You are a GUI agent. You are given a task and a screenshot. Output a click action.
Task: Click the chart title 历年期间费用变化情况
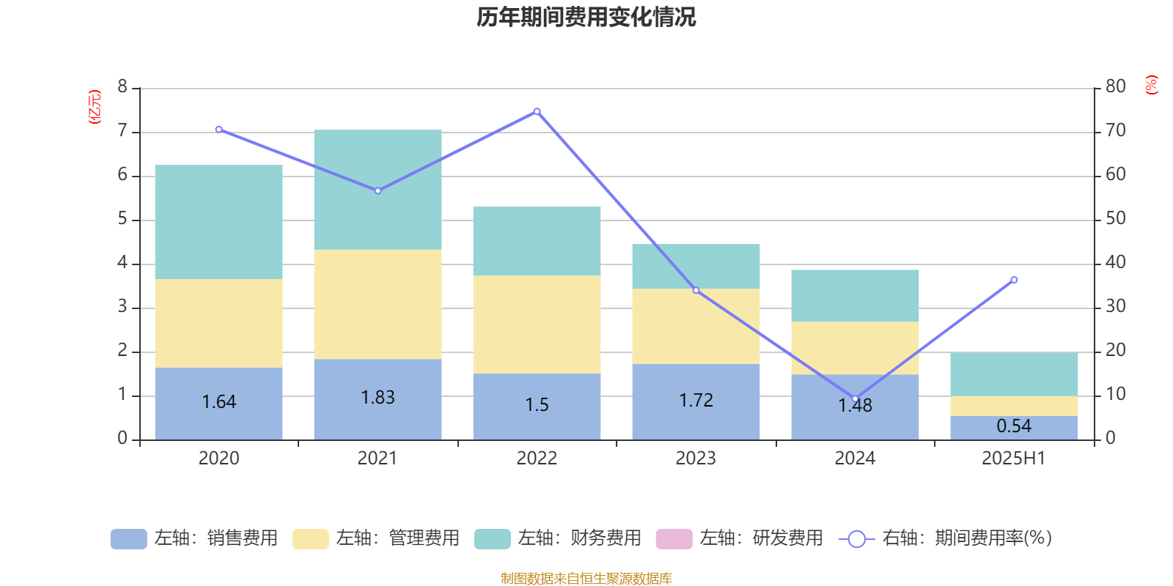coord(586,17)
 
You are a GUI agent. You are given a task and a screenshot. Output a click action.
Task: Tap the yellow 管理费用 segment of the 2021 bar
coord(378,304)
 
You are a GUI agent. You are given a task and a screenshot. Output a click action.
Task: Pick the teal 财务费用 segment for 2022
coord(537,241)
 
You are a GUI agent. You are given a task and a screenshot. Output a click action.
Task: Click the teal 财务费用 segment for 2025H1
coord(1014,374)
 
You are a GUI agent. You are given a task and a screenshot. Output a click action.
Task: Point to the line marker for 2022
coord(537,111)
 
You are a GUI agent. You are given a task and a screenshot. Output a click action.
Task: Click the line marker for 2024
coord(855,399)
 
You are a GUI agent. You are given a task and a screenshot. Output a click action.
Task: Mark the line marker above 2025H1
coord(1014,280)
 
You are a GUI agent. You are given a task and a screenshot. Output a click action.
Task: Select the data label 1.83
coord(378,397)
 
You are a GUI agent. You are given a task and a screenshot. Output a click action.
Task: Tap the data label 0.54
coord(1014,426)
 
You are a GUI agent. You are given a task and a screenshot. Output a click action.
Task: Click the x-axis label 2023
coord(696,459)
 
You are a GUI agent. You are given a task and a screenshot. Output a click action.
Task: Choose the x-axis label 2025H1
coord(1014,459)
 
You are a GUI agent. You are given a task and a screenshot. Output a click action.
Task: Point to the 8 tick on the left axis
coord(122,86)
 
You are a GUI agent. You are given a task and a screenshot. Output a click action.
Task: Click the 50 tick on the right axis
coord(1115,218)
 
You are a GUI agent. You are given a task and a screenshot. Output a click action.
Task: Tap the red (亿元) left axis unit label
coord(95,107)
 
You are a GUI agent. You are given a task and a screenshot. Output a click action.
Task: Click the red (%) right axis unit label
coord(1151,85)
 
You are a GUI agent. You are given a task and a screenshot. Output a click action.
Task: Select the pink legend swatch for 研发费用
coord(674,538)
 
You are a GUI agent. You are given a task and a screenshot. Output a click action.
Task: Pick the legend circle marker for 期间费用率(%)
coord(856,538)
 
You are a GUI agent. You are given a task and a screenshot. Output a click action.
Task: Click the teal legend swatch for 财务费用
coord(492,538)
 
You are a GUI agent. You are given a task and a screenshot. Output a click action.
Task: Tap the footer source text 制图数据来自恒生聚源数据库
coord(586,579)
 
